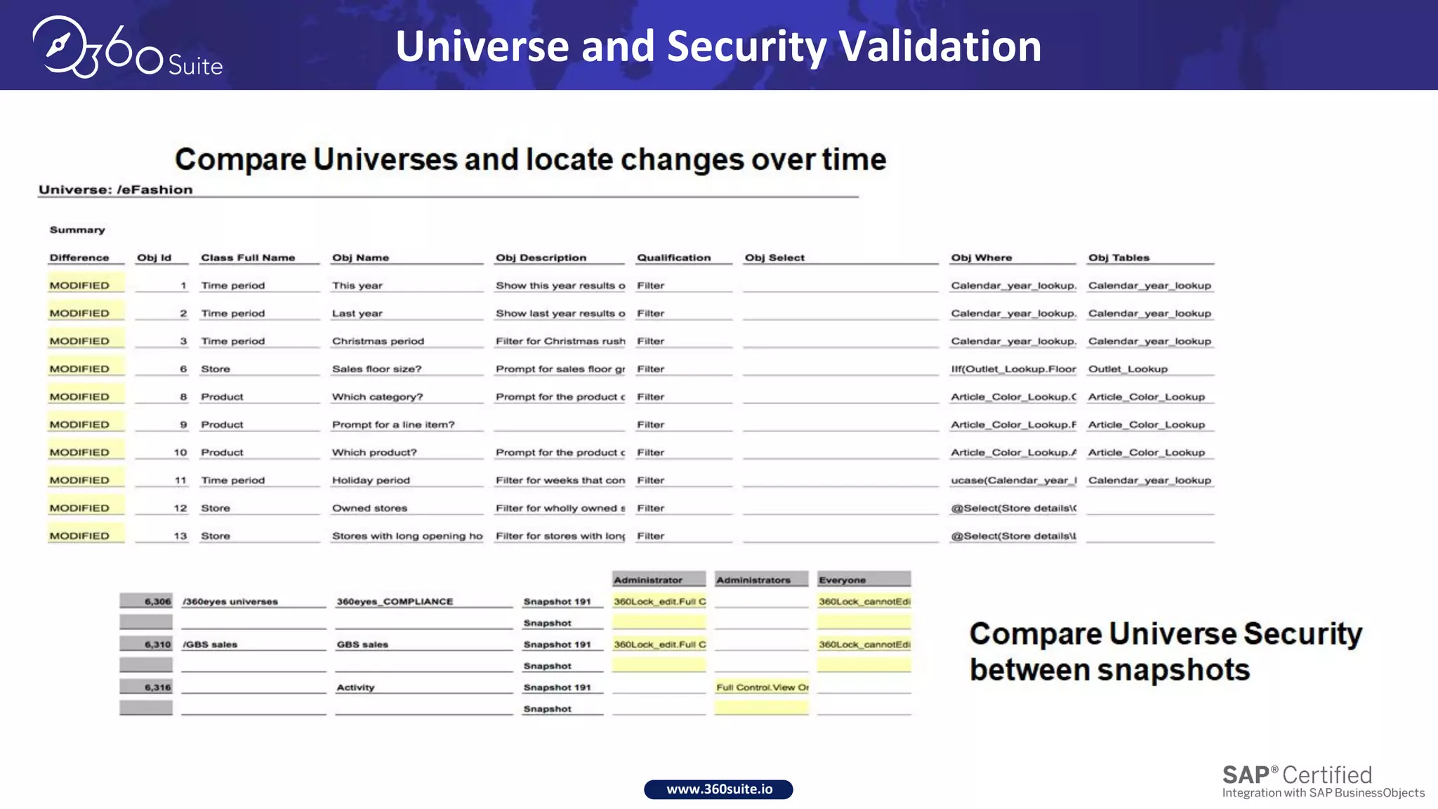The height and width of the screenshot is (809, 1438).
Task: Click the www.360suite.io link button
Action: (x=718, y=789)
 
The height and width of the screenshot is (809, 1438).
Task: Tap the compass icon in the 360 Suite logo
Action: (x=59, y=46)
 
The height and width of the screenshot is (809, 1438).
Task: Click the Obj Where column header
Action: (x=981, y=258)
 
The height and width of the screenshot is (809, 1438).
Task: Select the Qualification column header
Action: (x=673, y=258)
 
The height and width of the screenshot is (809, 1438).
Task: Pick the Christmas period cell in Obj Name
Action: (x=378, y=341)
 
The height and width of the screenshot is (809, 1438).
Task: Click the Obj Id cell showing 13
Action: (x=180, y=536)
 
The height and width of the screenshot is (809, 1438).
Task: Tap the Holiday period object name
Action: (x=371, y=480)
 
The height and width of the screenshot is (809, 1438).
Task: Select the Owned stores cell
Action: (x=369, y=508)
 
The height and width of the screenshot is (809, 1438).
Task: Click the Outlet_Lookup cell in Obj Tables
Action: (x=1128, y=369)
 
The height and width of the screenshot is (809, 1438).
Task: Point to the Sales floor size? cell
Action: (x=376, y=369)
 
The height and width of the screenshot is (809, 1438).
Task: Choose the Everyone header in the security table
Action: (x=842, y=580)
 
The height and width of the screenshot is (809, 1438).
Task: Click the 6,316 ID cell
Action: (x=157, y=688)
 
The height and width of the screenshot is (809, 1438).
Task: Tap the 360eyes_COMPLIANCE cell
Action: (x=395, y=602)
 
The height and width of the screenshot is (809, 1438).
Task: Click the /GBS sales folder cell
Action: (x=210, y=645)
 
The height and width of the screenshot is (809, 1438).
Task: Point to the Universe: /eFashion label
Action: (x=115, y=190)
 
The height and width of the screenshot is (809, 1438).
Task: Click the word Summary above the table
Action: (x=77, y=230)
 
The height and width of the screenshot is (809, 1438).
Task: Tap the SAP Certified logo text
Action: (x=1297, y=775)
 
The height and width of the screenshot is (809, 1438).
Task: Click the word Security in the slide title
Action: (x=746, y=46)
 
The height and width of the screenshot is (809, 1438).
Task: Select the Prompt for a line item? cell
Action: (x=393, y=425)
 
